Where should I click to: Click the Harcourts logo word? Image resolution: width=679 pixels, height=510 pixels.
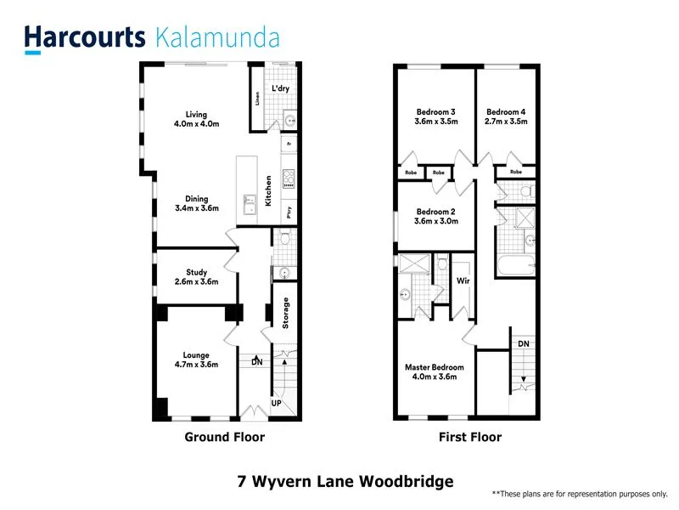85,37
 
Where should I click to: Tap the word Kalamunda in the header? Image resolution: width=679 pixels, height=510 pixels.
218,37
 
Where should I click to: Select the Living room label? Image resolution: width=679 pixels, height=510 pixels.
197,119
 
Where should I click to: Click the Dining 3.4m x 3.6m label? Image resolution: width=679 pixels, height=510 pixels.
197,204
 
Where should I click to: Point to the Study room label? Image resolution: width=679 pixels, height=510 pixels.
197,277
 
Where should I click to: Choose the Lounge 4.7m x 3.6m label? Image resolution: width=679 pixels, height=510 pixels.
196,360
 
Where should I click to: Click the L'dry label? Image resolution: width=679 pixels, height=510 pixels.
281,88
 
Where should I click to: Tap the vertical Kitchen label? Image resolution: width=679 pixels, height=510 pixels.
269,191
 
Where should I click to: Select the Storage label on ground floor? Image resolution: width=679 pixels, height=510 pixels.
286,312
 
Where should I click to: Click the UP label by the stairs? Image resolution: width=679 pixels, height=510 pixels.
276,402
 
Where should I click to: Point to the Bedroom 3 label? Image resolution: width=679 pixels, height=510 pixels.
436,116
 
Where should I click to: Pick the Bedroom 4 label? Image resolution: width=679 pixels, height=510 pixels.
507,116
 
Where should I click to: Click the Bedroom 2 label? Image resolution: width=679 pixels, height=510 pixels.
436,216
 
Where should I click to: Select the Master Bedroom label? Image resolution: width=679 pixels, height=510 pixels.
435,371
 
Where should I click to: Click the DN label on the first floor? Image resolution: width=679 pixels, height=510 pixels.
523,343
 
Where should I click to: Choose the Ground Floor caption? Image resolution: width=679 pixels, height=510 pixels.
225,437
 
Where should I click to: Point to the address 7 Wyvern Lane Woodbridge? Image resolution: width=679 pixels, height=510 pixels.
345,481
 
